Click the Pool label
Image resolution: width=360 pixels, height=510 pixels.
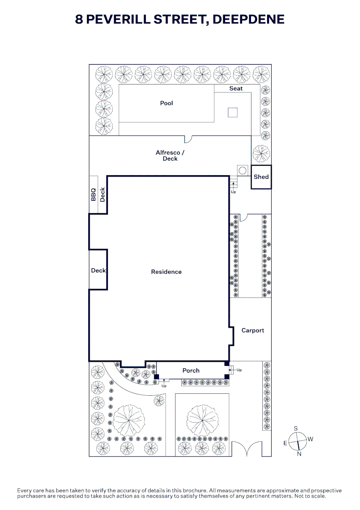point(167,103)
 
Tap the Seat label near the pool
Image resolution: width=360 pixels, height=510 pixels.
point(236,88)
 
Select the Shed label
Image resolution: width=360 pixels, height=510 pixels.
point(261,177)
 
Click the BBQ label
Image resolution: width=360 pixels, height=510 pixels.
point(93,195)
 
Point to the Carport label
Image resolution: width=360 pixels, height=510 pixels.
point(253,331)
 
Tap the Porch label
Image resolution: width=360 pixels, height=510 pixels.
point(191,371)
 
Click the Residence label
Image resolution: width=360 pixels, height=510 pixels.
point(167,272)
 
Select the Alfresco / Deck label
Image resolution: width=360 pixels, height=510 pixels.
point(170,155)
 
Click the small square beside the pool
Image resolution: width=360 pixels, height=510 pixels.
point(233,112)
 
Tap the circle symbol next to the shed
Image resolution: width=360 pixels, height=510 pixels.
point(243,170)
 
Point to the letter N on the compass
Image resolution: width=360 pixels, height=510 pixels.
point(299,454)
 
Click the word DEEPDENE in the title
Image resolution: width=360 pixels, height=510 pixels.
point(249,19)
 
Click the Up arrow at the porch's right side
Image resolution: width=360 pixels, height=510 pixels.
point(231,370)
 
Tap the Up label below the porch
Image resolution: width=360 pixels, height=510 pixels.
point(164,386)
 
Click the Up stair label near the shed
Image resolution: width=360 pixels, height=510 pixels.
point(233,192)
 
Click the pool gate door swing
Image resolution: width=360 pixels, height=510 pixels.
point(188,139)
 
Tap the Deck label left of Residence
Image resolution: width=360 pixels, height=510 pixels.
point(98,271)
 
